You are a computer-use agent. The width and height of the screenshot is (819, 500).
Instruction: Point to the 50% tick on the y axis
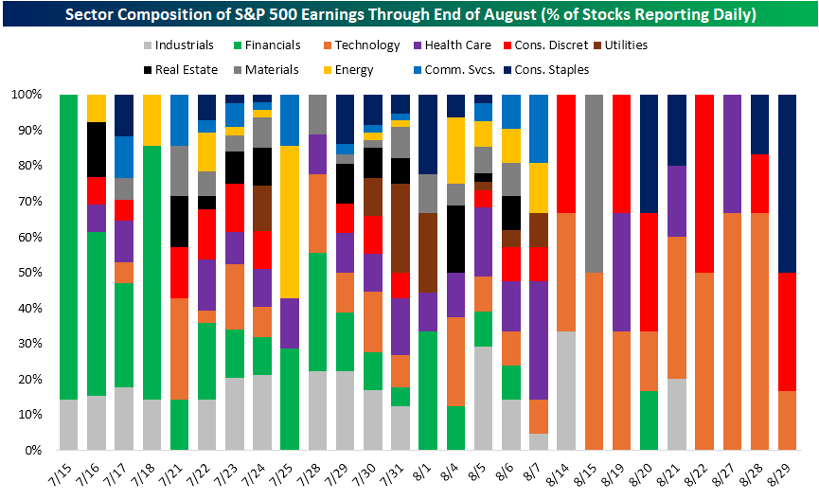[26, 273]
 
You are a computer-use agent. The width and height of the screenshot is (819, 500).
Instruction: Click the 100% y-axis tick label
[23, 96]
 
